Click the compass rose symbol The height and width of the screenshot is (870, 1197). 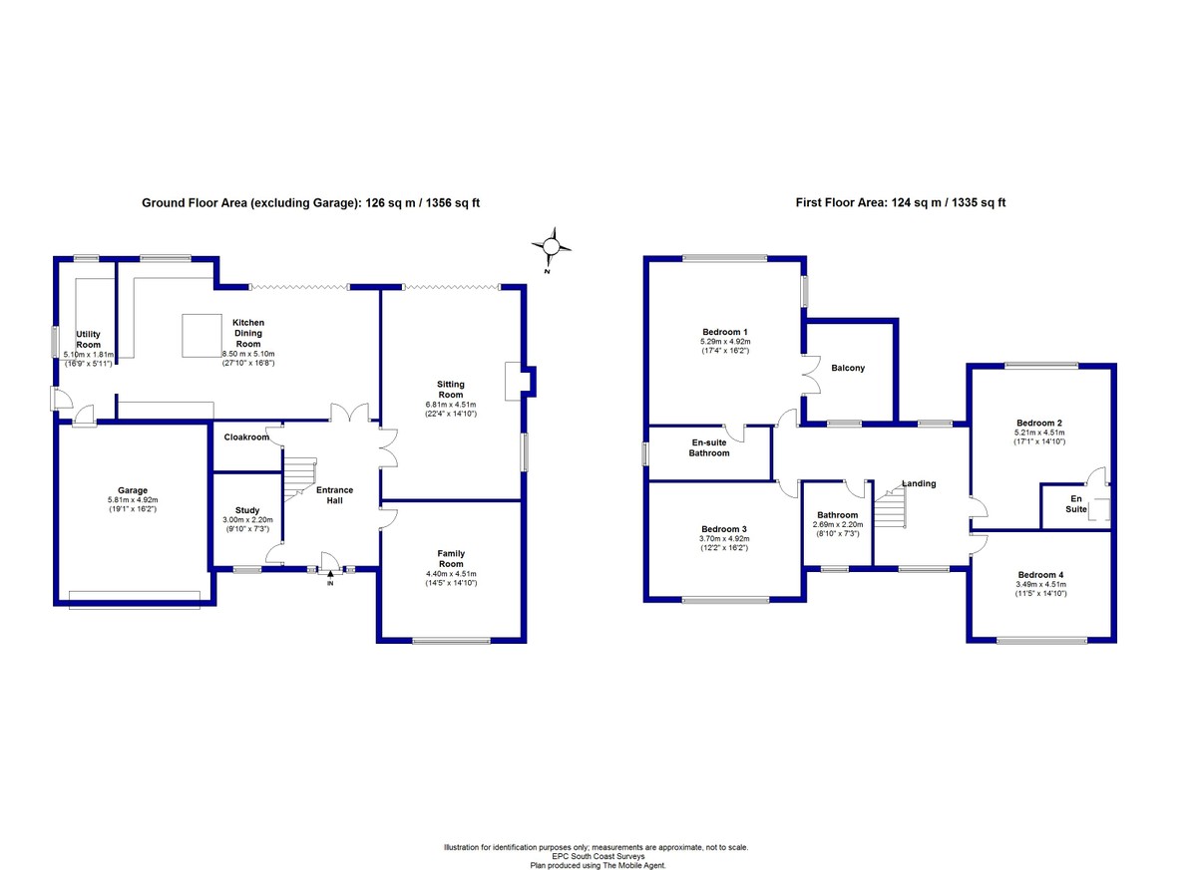coord(551,246)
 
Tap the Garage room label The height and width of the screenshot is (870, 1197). coord(133,490)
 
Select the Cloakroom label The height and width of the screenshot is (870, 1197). coord(246,437)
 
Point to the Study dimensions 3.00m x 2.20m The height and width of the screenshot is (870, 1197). coord(247,520)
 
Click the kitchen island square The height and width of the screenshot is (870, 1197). coord(201,335)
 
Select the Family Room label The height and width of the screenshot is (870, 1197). coord(451,558)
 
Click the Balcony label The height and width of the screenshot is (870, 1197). coord(848,368)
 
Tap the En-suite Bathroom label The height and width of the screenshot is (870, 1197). coord(709,447)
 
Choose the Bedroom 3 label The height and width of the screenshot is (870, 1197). coord(724,529)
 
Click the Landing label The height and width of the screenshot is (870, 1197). coord(919,483)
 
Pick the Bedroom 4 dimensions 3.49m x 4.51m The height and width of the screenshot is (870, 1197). coord(1041,584)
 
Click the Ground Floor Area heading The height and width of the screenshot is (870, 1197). coord(310,203)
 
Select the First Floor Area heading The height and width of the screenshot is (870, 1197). coord(901,202)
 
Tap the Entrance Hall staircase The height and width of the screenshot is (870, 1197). coord(299,478)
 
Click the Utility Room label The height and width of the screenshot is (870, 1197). coord(88,340)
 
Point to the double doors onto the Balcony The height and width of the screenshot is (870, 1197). coord(811,375)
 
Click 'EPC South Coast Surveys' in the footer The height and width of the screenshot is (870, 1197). coord(598,856)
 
